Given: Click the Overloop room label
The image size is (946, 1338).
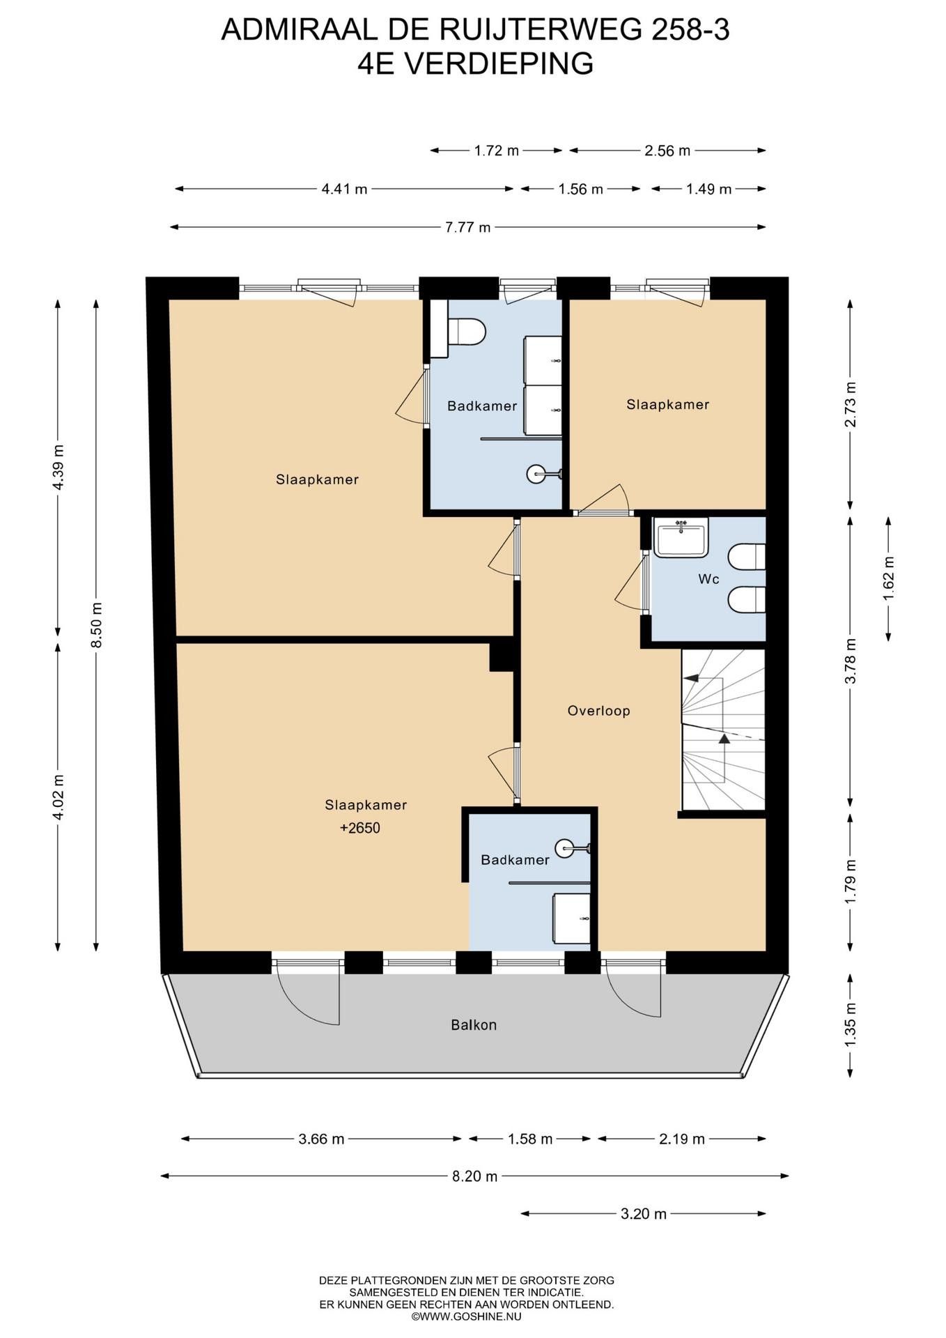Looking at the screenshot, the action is [598, 711].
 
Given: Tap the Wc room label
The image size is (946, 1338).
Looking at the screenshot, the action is [708, 579].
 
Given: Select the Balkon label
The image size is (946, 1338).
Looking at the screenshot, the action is [474, 1024].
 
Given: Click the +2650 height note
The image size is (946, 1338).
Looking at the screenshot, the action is [360, 828].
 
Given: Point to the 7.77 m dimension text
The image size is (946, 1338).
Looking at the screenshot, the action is [468, 227].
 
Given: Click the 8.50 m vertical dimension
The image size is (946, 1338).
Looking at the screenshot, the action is [97, 625].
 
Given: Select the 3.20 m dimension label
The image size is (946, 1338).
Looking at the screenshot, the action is [644, 1213].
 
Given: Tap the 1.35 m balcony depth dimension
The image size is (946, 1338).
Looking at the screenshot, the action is [850, 1024].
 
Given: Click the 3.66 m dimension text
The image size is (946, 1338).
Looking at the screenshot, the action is [321, 1139].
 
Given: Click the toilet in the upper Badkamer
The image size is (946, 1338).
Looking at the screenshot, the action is [466, 332].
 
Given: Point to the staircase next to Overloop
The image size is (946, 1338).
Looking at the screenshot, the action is [723, 730].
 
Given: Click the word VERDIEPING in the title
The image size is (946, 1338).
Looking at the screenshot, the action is [499, 63].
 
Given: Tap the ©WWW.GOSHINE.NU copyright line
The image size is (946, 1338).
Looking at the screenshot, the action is [467, 1316].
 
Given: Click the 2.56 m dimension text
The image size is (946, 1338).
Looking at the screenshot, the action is [667, 151].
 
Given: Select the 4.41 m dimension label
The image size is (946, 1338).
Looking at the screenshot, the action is [344, 189].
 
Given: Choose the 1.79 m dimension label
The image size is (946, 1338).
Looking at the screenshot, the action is [850, 882].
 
